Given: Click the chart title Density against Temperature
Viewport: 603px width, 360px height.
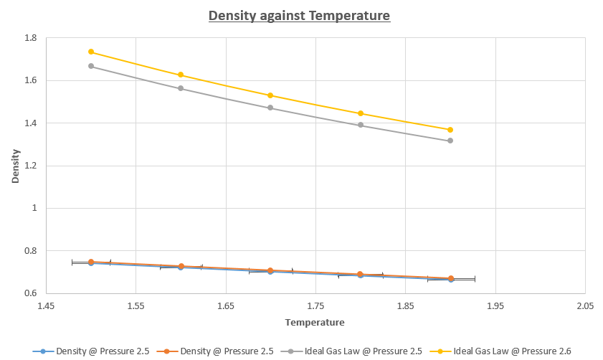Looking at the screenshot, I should point(299,15).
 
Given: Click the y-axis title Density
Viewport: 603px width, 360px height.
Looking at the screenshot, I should point(15,166).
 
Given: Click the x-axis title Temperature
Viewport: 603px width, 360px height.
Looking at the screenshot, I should point(315,323).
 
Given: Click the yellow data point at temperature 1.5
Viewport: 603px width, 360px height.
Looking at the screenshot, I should point(91,52).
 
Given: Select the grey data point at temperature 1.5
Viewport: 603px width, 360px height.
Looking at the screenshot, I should point(91,66).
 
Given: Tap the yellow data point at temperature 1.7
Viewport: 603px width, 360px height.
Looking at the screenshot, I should point(270,95).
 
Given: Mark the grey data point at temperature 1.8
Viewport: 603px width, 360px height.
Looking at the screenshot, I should point(361,125).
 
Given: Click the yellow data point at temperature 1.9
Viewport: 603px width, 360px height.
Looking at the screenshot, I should point(450,130).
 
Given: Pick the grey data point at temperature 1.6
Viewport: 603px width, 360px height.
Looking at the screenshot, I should point(181,88).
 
